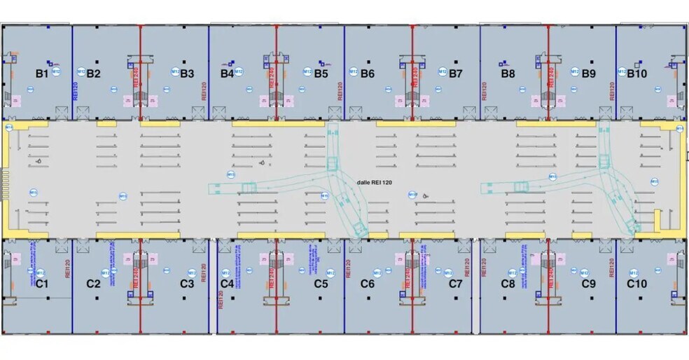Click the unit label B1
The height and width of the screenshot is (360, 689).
pyautogui.click(x=41, y=73)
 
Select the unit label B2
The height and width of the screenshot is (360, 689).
pyautogui.click(x=93, y=73)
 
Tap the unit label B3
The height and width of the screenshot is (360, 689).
pyautogui.click(x=187, y=73)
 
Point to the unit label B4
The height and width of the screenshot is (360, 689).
pyautogui.click(x=227, y=73)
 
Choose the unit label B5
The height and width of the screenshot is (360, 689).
pyautogui.click(x=321, y=73)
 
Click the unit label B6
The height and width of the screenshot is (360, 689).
pyautogui.click(x=368, y=73)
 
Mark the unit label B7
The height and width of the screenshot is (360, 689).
pyautogui.click(x=456, y=73)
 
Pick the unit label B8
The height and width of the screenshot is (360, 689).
pyautogui.click(x=508, y=73)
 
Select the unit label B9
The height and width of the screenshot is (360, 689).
pyautogui.click(x=589, y=73)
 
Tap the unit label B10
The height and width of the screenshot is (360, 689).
pyautogui.click(x=637, y=73)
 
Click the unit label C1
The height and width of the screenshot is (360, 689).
pyautogui.click(x=41, y=284)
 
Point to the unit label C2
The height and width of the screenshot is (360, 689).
pyautogui.click(x=93, y=284)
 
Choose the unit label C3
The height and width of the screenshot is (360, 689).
pyautogui.click(x=187, y=284)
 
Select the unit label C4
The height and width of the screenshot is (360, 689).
pyautogui.click(x=227, y=284)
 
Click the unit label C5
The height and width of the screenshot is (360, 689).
pyautogui.click(x=321, y=284)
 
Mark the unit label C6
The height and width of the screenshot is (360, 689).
pyautogui.click(x=368, y=284)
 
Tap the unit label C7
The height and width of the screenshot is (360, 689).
pyautogui.click(x=456, y=284)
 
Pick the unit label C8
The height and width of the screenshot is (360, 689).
pyautogui.click(x=508, y=284)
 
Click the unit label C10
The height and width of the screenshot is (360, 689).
pyautogui.click(x=637, y=284)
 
